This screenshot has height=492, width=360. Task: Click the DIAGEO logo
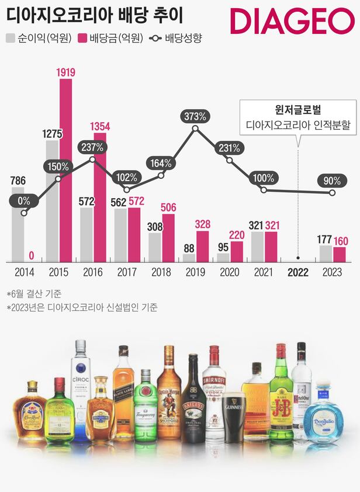292,22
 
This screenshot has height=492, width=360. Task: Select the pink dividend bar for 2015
66,169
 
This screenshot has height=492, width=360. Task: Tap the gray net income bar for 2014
18,225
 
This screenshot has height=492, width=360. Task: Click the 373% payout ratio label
195,116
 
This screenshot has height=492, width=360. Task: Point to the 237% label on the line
93,147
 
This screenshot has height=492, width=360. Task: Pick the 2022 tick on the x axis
298,271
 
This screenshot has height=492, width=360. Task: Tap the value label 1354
100,126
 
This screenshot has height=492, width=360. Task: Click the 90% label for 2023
332,181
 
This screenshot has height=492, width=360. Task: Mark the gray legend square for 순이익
11,39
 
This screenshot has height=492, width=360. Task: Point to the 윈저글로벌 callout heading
299,110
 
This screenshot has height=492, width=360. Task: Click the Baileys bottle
193,403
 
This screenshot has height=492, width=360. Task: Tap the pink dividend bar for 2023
339,254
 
